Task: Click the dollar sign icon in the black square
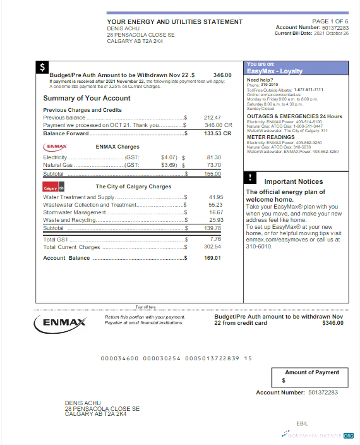pos(42,66)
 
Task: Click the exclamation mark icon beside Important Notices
pos(251,177)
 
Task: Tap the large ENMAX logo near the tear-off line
pos(60,322)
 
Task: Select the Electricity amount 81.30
pos(213,157)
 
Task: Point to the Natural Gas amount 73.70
pos(213,165)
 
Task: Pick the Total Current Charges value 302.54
pos(212,247)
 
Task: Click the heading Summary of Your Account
pos(87,99)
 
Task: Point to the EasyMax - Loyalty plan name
pos(275,71)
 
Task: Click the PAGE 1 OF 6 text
pos(330,21)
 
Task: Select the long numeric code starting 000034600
pos(176,358)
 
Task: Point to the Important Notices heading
pos(294,181)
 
